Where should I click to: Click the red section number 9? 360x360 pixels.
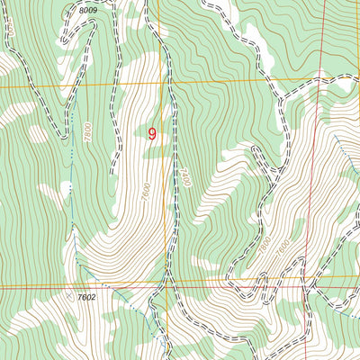click(x=152, y=134)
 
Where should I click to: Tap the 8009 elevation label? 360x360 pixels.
click(x=86, y=9)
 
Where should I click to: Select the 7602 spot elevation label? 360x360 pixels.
click(x=85, y=296)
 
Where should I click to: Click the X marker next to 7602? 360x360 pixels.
click(x=69, y=293)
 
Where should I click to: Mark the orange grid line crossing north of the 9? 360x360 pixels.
click(x=164, y=83)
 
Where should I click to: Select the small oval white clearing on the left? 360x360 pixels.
click(x=37, y=135)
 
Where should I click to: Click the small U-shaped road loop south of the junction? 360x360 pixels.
click(x=261, y=163)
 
